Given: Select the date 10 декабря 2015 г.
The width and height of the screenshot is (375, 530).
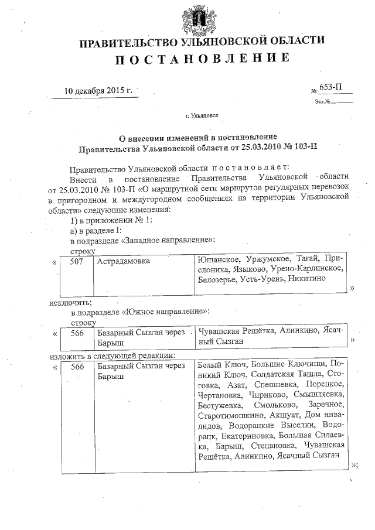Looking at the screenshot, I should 98,91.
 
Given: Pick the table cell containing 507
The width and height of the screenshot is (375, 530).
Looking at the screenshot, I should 77,261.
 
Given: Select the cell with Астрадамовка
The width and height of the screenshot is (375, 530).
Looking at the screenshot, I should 124,261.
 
